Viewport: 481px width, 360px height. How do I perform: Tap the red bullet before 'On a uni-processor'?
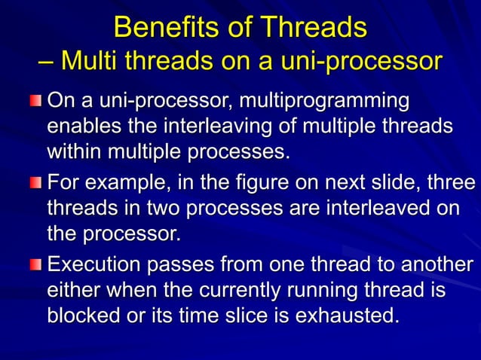tap(37, 102)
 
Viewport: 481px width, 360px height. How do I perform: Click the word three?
tap(450, 184)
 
